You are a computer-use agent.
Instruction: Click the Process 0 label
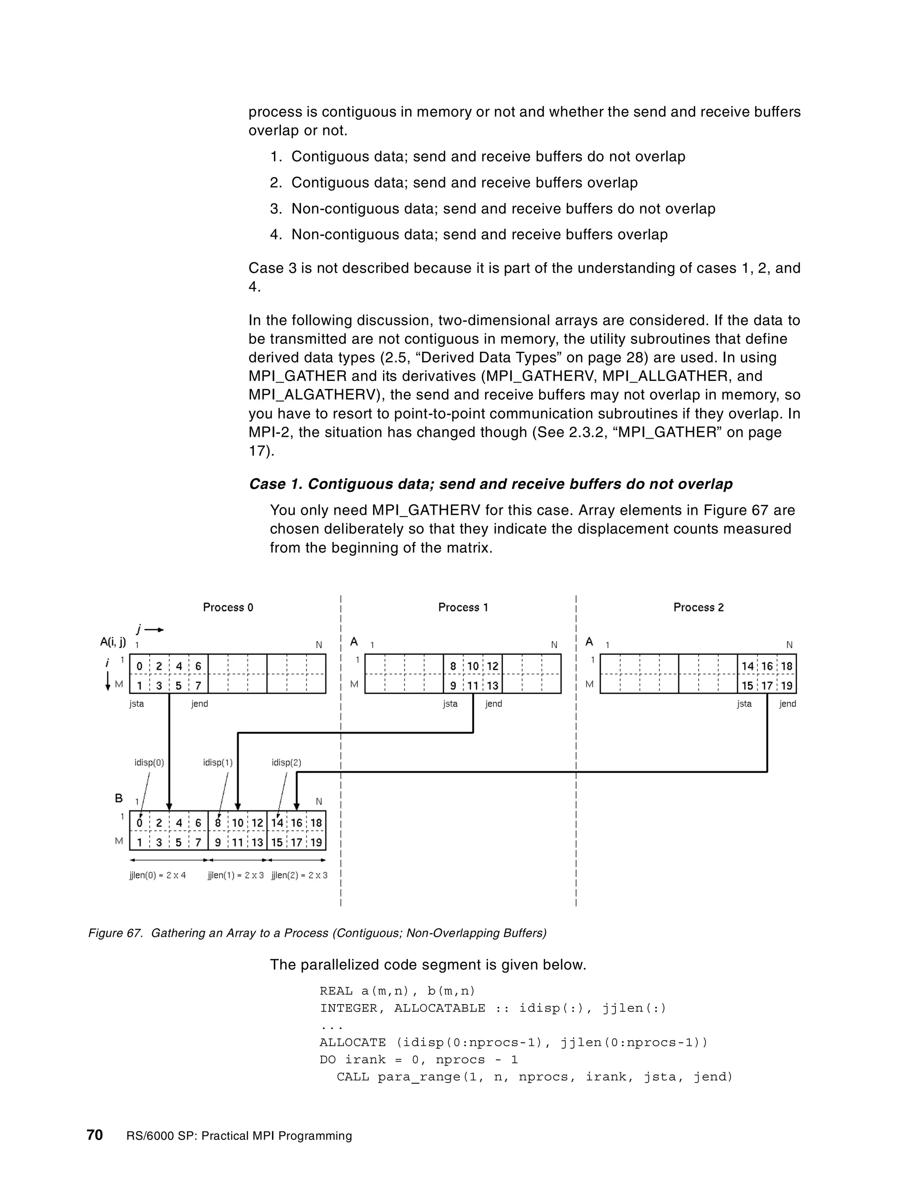point(228,607)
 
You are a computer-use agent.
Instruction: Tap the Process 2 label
point(698,607)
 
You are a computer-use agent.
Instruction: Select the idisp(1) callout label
point(218,762)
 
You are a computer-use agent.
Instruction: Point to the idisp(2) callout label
point(286,762)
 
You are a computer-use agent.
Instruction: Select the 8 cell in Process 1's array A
point(453,666)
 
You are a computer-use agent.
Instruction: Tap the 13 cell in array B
point(257,842)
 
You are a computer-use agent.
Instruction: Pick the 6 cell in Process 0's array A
point(198,666)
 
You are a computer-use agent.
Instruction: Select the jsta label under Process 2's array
point(744,704)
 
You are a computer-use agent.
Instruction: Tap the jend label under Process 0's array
point(199,704)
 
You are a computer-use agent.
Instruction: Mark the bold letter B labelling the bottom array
point(119,798)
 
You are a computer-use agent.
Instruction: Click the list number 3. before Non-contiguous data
point(276,208)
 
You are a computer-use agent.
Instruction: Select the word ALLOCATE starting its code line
point(352,1042)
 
